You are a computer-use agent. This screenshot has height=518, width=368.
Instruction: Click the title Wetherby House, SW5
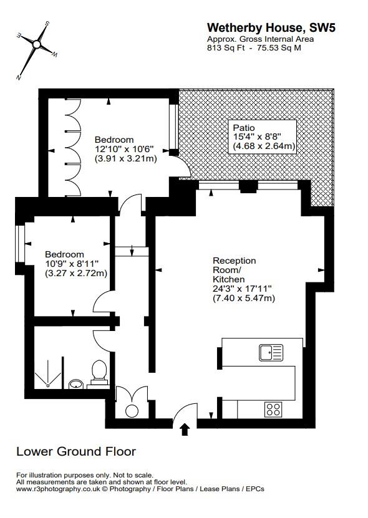[264, 27]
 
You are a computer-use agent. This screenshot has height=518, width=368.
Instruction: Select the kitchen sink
[271, 352]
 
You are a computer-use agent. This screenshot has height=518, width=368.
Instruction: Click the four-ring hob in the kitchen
[273, 409]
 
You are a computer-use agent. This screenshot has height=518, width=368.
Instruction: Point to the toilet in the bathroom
[99, 372]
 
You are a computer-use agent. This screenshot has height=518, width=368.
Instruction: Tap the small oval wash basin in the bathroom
[75, 383]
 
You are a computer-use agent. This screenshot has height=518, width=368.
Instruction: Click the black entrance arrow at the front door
[185, 429]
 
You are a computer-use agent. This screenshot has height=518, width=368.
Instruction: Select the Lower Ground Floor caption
[75, 451]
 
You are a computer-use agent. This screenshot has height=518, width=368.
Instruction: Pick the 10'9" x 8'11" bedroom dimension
[71, 264]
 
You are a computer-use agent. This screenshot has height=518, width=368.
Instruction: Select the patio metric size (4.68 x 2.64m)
[264, 146]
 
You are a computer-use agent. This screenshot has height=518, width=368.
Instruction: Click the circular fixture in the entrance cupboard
[132, 410]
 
